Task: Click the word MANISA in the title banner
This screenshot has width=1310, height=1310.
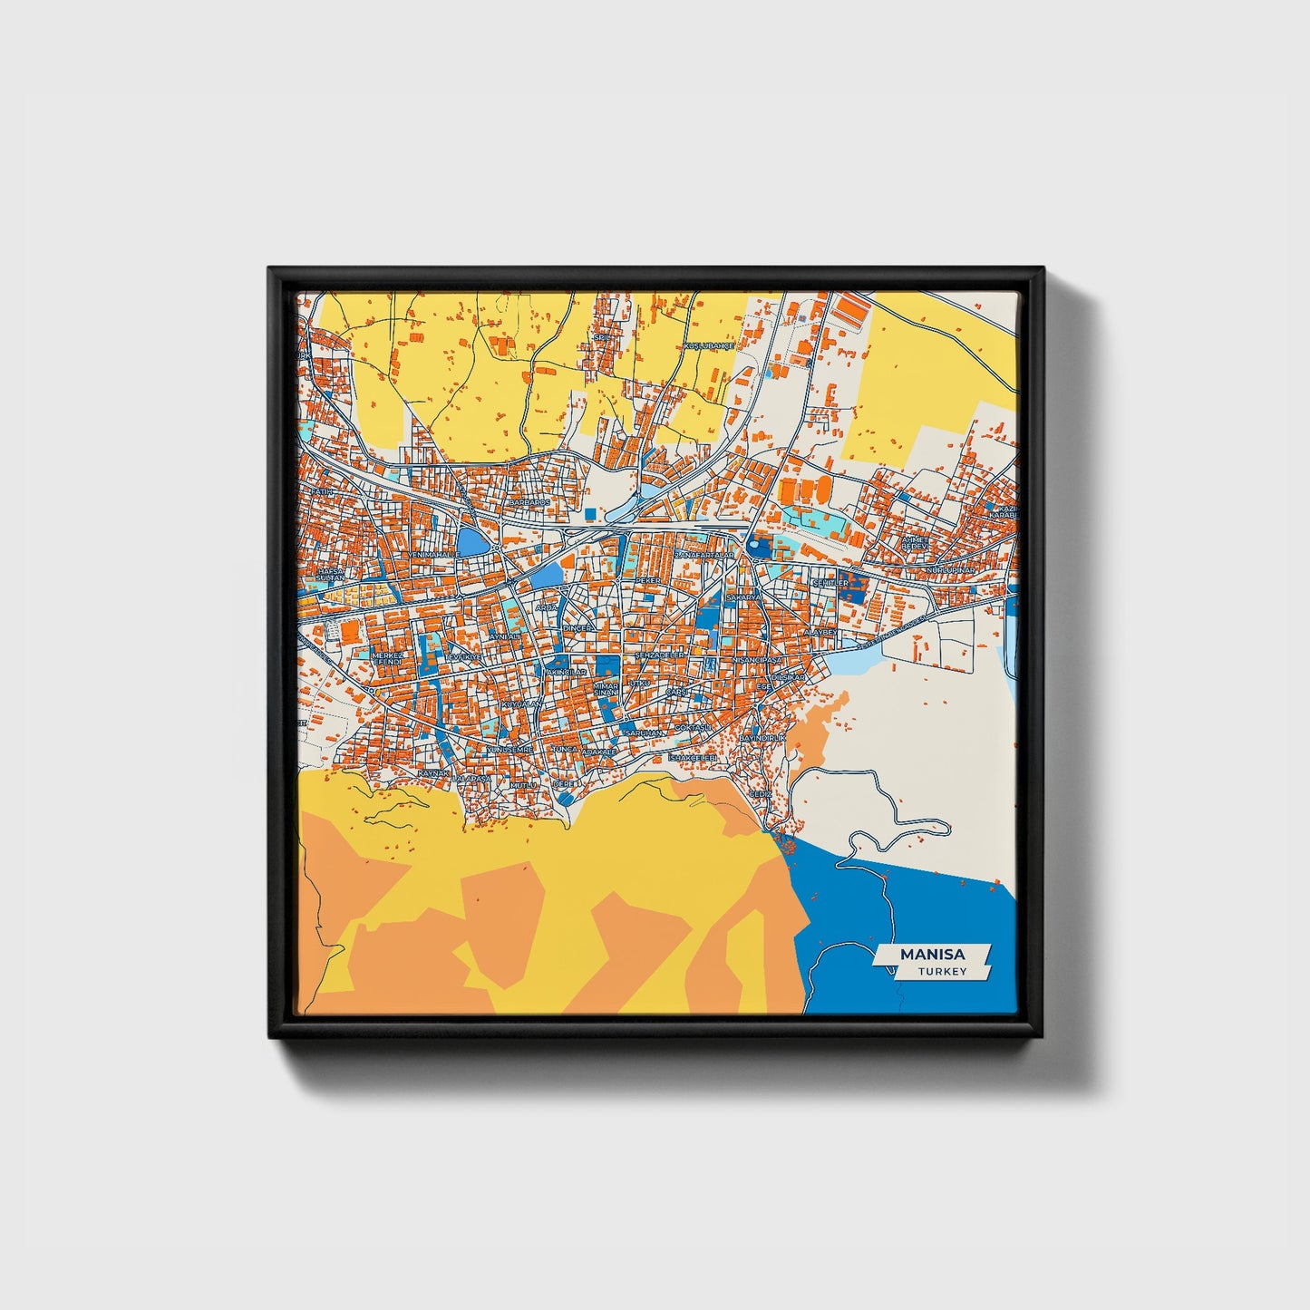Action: pyautogui.click(x=932, y=955)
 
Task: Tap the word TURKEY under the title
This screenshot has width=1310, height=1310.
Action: pyautogui.click(x=941, y=972)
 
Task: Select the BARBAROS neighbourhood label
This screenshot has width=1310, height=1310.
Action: pyautogui.click(x=529, y=502)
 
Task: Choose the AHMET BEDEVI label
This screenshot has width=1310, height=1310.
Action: pyautogui.click(x=915, y=543)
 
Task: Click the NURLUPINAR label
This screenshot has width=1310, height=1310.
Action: pyautogui.click(x=949, y=569)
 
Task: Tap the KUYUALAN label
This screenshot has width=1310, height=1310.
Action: pyautogui.click(x=521, y=704)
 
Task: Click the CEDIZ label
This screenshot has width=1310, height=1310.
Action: pyautogui.click(x=760, y=794)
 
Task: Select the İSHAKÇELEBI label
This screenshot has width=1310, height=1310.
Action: pyautogui.click(x=693, y=757)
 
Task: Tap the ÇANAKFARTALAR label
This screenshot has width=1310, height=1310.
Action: pyautogui.click(x=703, y=555)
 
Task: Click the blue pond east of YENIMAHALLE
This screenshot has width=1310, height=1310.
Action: pyautogui.click(x=471, y=541)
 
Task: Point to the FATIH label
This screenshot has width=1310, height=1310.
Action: pyautogui.click(x=323, y=491)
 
